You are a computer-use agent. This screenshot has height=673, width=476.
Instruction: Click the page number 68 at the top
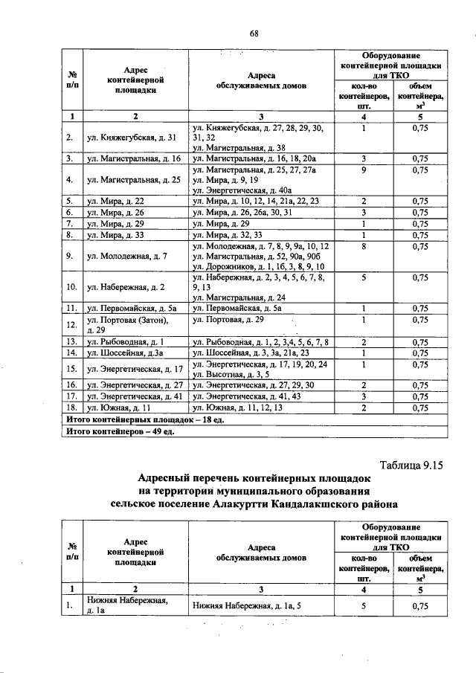click(254, 33)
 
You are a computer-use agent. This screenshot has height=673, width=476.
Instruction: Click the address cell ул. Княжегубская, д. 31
click(131, 138)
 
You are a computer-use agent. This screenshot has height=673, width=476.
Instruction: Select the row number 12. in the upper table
click(70, 324)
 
